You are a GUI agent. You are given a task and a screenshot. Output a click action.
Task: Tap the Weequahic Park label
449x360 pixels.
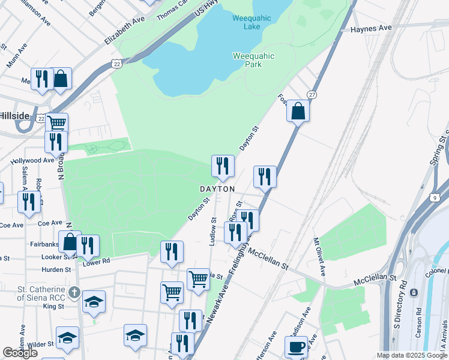coord(253,60)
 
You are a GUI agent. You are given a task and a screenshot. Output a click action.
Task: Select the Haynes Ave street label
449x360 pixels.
coord(371,28)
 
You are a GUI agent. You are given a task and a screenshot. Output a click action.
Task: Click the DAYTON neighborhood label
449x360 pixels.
coord(217,189)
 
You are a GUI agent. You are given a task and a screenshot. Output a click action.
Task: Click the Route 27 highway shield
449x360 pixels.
coord(312,95)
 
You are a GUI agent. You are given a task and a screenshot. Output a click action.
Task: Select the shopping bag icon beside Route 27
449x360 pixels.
coord(298,111)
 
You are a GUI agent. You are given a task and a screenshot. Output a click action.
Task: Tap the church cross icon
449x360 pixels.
coord(74,292)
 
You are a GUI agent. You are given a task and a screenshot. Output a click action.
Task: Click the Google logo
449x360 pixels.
coord(20,353)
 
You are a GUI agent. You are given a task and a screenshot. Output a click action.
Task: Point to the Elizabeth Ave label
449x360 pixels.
coord(125,30)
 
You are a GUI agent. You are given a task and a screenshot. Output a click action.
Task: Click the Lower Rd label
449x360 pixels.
coord(96,262)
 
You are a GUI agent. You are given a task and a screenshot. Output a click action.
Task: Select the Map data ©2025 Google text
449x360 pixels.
coord(412,355)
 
